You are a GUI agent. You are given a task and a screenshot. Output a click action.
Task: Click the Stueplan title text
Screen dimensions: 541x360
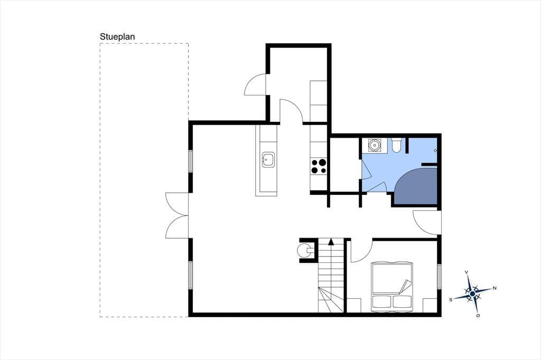[117, 37]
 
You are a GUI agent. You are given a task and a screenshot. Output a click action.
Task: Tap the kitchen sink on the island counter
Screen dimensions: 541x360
[268, 159]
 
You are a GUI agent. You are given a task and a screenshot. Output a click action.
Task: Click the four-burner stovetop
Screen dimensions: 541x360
[319, 166]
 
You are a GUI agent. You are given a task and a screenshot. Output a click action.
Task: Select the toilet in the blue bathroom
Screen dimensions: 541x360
[396, 145]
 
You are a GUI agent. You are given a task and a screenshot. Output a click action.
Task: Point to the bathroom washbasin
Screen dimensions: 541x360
[374, 145]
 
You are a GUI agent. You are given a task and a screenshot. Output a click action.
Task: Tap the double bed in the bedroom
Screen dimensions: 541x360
[392, 286]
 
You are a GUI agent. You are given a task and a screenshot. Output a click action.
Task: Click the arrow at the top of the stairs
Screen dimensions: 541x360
[331, 241]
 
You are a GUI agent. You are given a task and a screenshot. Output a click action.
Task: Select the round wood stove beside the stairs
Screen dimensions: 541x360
[304, 250]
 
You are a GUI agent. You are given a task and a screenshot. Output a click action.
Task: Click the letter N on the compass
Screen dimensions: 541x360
[495, 288]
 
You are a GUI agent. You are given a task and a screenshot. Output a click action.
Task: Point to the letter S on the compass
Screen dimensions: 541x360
[451, 300]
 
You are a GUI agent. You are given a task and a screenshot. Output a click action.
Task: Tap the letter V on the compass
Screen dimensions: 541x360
[467, 272]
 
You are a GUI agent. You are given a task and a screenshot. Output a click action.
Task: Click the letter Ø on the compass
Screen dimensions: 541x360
[478, 315]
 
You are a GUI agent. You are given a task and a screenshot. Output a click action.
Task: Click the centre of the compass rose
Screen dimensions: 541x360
[472, 294]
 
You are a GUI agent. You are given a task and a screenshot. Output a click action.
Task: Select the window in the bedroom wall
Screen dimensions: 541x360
[439, 277]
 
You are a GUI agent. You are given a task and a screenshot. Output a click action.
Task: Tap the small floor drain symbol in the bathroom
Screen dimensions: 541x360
[435, 150]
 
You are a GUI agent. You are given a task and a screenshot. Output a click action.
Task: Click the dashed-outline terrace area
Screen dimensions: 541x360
[144, 180]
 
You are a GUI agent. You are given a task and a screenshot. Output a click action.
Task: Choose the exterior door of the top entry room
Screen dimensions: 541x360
[255, 84]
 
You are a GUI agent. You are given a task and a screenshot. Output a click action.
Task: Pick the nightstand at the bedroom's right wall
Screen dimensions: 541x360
[430, 306]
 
